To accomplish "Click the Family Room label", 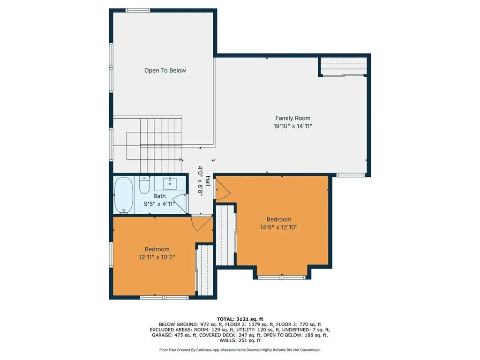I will [292, 118].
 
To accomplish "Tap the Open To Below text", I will [165, 71].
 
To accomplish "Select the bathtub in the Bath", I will [124, 195].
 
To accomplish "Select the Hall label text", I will [208, 182].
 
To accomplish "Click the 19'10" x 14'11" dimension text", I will [292, 126].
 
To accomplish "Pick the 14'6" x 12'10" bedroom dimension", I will [279, 227].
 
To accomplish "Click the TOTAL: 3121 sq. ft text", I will [240, 319].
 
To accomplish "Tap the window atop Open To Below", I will [138, 10].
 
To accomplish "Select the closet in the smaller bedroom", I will [204, 271].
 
